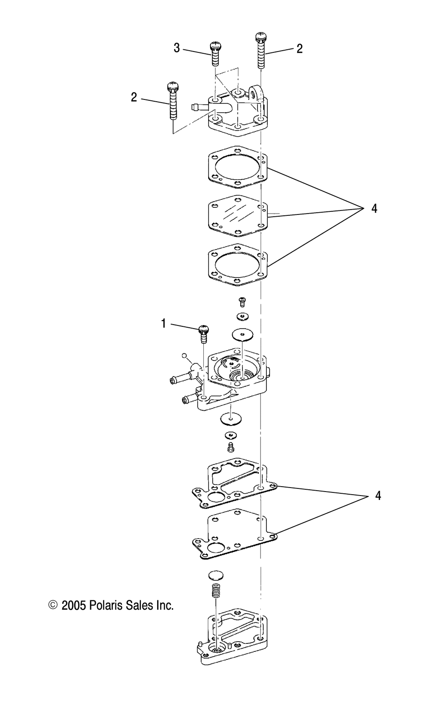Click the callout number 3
pos(177,48)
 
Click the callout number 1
pos(163,324)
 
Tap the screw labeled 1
pos(204,334)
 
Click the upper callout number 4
pos(374,209)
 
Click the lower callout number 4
pos(378,496)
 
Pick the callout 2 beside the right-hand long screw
pos(299,49)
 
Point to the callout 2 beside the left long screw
pos(134,97)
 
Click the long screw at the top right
pos(261,50)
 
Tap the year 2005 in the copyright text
pos(74,606)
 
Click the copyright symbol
pos(53,605)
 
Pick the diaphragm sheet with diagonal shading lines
pos(238,215)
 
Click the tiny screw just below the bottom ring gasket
pos(242,301)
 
